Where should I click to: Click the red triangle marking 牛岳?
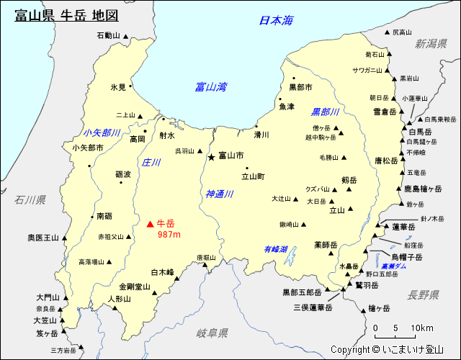pos(150,224)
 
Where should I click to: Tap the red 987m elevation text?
pos(169,235)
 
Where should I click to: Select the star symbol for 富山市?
pos(211,156)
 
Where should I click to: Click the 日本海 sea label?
pos(277,21)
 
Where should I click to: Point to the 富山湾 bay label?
pos(211,87)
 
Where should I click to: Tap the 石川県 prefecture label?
pos(30,199)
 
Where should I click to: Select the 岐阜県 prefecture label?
pos(212,333)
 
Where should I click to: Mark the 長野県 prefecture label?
pos(423,294)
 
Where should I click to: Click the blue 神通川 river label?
pos(220,194)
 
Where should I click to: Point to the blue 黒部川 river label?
pos(325,112)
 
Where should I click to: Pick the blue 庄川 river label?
pos(151,163)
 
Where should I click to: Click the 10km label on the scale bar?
pos(422,328)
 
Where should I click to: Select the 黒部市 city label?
pos(300,87)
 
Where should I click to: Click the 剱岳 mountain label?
pos(349,180)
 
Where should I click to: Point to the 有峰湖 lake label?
pos(275,249)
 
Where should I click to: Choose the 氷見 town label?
pos(118,87)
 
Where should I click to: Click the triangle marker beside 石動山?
pos(127,35)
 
